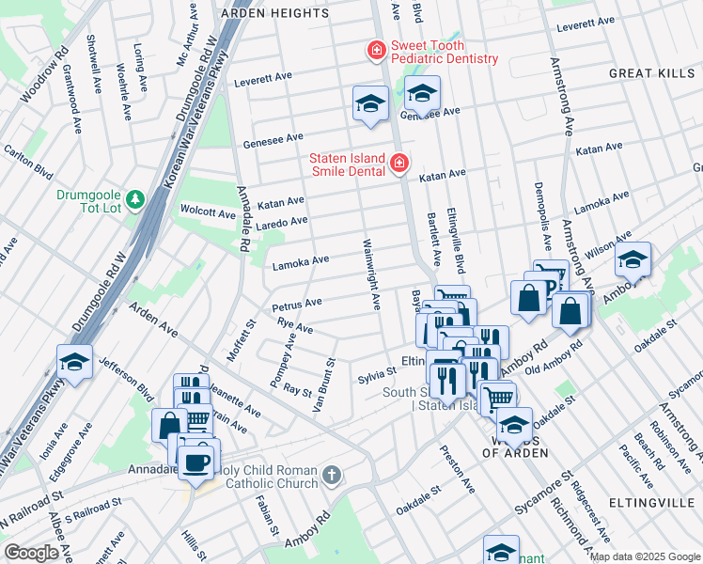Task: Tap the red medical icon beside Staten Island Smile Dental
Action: pos(399,164)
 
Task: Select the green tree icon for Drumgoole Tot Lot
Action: pos(135,198)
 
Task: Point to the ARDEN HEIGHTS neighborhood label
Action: pos(274,14)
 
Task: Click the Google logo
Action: pos(31,553)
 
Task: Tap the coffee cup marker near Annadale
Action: pos(196,463)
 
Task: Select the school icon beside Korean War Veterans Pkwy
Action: pos(73,361)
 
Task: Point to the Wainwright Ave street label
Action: pos(371,275)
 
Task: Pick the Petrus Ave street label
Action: pos(297,305)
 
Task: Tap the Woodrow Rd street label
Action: pos(41,72)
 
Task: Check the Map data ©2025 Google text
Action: pos(644,556)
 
